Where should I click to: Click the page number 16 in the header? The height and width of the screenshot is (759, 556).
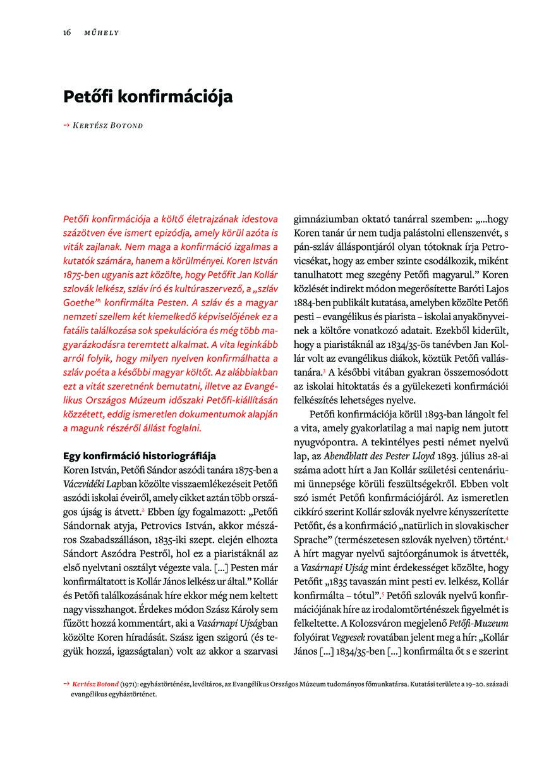pyautogui.click(x=66, y=32)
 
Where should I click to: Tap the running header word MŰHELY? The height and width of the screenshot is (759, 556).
pyautogui.click(x=102, y=32)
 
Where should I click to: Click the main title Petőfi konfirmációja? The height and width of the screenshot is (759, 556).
pyautogui.click(x=148, y=97)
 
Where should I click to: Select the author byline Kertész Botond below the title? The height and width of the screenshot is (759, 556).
pyautogui.click(x=111, y=125)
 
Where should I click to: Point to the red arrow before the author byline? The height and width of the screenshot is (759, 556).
pyautogui.click(x=67, y=125)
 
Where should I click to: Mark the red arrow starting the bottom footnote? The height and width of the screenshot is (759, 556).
pyautogui.click(x=66, y=684)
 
